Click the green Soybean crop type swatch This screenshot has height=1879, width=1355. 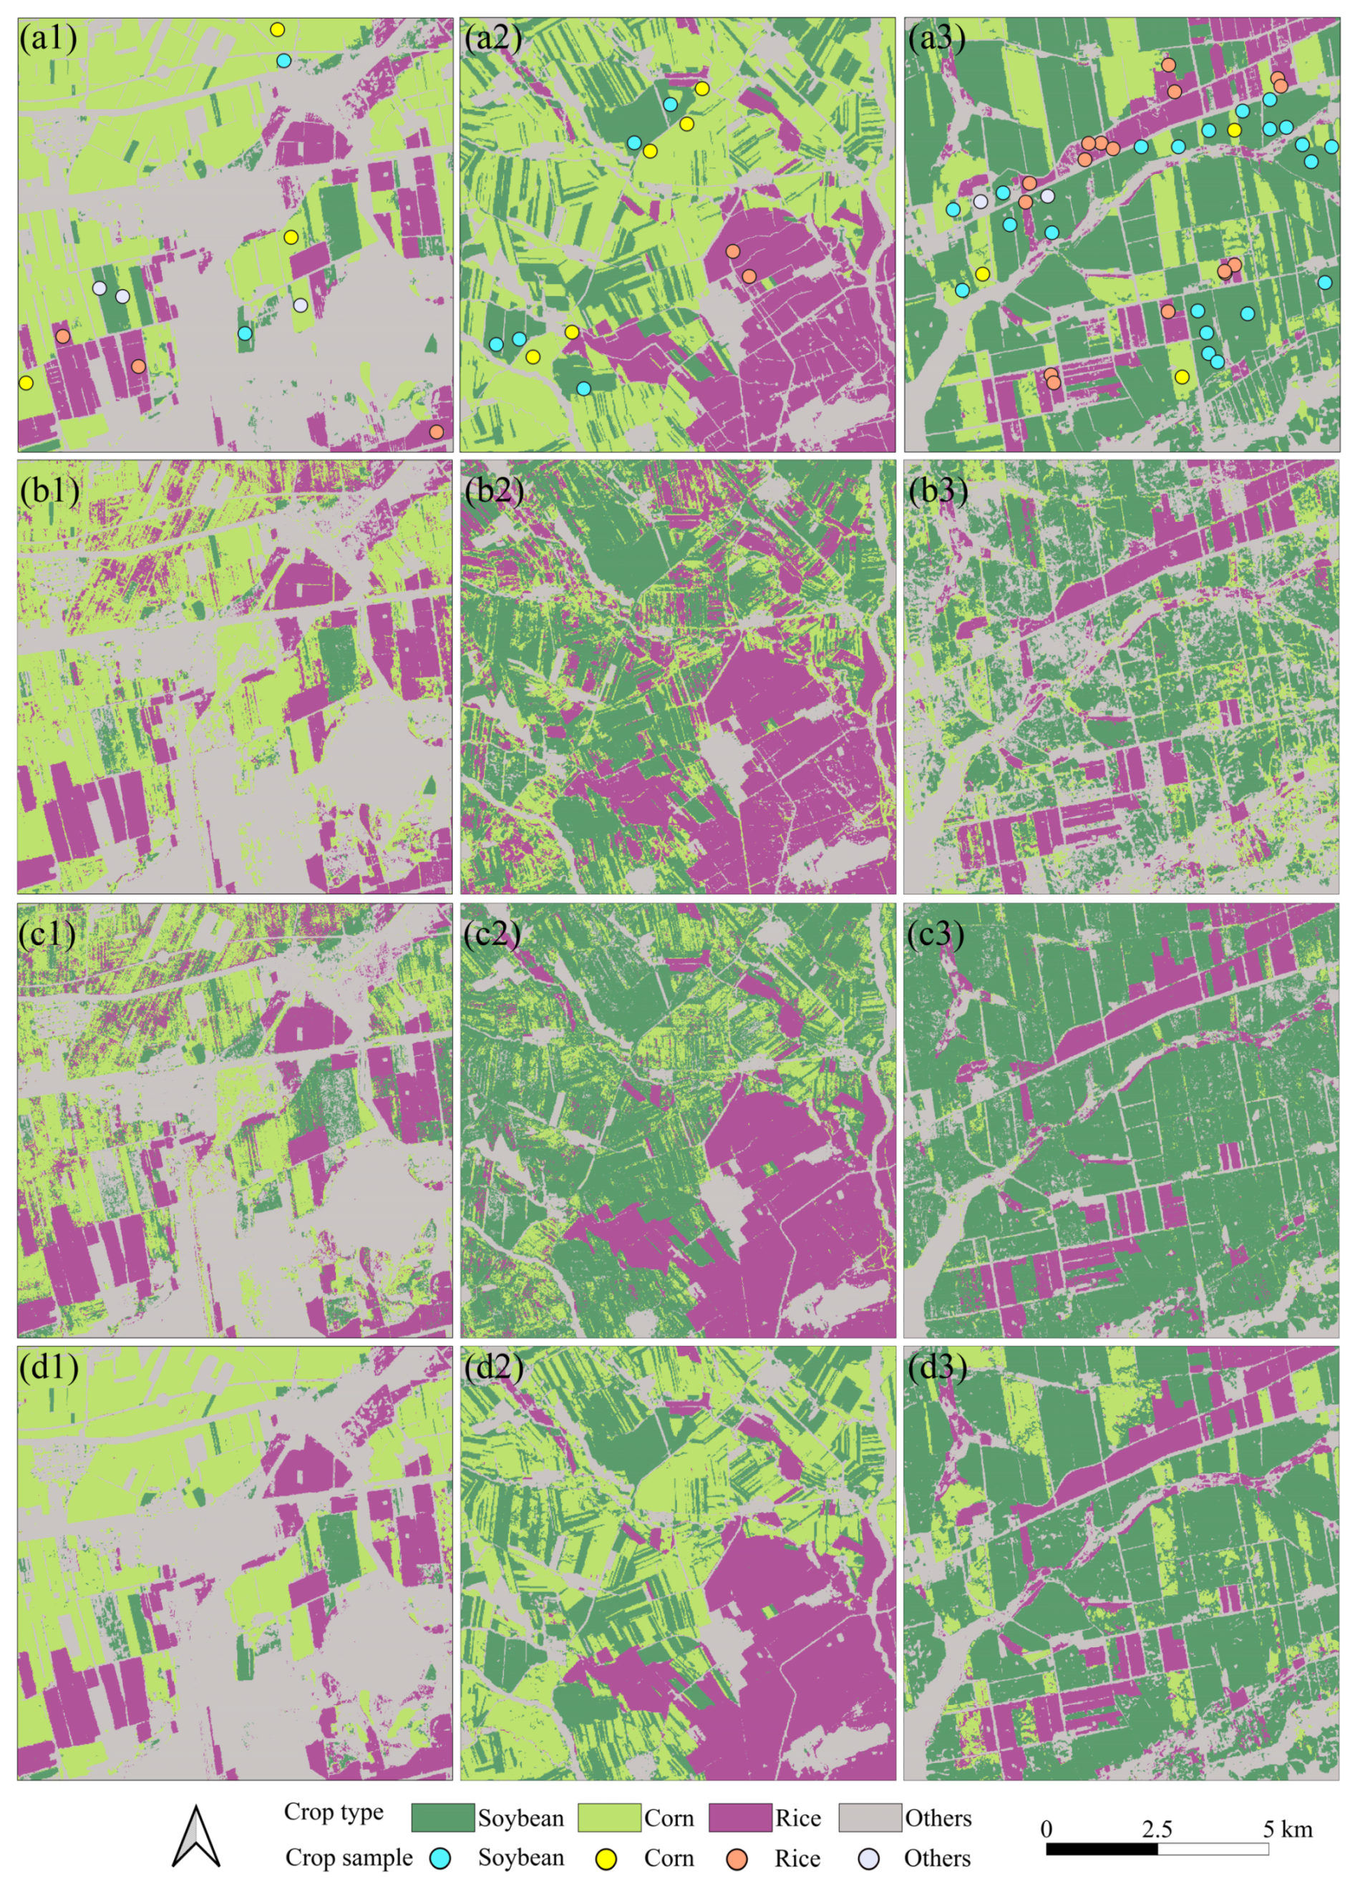442,1817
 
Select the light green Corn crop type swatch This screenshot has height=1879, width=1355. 609,1817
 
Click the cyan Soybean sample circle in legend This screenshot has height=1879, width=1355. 442,1858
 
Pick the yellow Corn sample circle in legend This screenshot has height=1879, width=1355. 608,1858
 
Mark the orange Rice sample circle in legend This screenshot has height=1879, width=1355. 737,1858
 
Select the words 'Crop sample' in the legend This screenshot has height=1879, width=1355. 349,1858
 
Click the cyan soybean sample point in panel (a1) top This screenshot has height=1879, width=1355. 284,61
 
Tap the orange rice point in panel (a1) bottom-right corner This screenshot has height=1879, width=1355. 436,431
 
